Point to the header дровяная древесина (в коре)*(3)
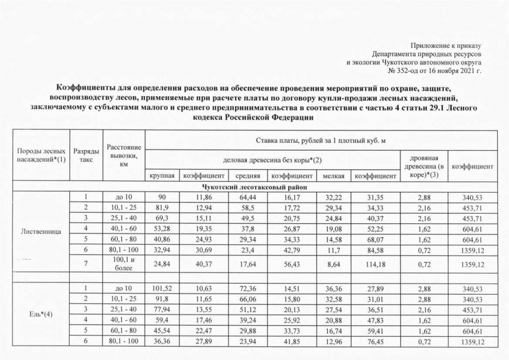tap(425, 167)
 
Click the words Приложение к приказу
tap(448, 44)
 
